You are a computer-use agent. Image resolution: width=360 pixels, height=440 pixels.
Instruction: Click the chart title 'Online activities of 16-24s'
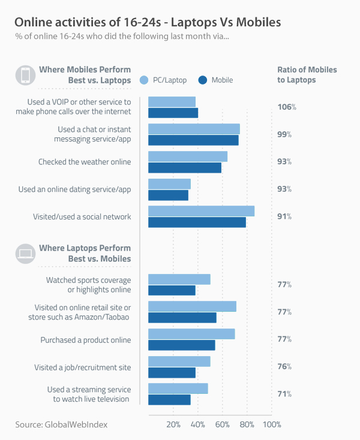[147, 22]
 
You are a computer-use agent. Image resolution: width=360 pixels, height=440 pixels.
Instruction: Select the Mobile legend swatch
[202, 80]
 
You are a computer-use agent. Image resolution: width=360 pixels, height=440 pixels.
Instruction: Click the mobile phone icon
[25, 75]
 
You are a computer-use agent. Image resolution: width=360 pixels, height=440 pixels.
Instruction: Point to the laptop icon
[25, 253]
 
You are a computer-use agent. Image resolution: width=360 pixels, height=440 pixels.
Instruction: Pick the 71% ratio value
[284, 394]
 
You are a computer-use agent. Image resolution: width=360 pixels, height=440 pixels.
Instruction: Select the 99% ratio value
[284, 135]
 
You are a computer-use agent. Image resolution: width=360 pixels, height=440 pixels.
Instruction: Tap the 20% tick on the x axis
[173, 424]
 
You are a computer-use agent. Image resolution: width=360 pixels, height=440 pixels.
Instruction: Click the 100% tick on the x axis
[272, 424]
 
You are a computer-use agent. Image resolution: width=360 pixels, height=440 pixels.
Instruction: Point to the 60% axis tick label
[222, 424]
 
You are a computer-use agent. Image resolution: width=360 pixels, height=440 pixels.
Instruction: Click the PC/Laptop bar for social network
[201, 211]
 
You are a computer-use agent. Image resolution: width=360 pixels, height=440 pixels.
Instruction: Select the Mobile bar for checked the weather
[185, 167]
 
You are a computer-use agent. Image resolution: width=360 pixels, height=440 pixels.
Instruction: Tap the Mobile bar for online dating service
[168, 195]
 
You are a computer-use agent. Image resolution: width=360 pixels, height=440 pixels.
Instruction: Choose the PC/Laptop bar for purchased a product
[191, 334]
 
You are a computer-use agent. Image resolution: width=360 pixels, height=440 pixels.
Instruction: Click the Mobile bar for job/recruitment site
[172, 372]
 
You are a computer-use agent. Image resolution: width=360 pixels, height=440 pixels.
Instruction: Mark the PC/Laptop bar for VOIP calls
[172, 102]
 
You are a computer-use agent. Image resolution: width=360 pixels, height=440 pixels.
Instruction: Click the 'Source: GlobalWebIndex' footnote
[62, 424]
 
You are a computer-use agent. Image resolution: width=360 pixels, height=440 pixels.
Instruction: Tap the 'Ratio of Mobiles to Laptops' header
[307, 74]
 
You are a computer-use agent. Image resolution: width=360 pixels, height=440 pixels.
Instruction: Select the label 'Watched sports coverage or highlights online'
[88, 285]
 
